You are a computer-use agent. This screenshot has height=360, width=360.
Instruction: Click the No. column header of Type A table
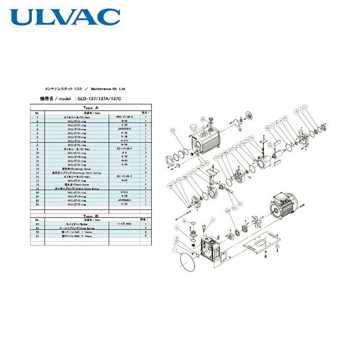coord(37,113)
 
